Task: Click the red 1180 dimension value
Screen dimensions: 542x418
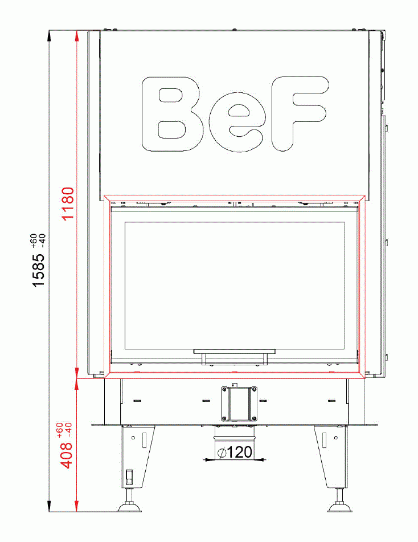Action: pyautogui.click(x=68, y=203)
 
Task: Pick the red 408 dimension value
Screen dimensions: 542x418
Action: pyautogui.click(x=67, y=453)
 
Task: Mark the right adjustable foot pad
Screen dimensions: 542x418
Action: pyautogui.click(x=341, y=507)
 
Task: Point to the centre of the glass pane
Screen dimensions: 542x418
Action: pyautogui.click(x=235, y=286)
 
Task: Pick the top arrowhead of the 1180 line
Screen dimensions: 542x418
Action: pyautogui.click(x=76, y=34)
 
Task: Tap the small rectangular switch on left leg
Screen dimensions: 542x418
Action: pyautogui.click(x=129, y=475)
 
